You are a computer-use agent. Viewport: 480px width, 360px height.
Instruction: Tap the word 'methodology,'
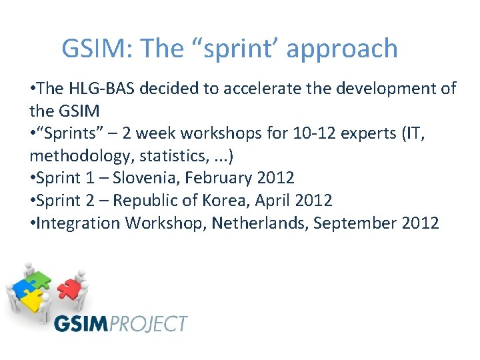pyautogui.click(x=85, y=156)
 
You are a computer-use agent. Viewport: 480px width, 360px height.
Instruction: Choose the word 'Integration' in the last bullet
pyautogui.click(x=79, y=223)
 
